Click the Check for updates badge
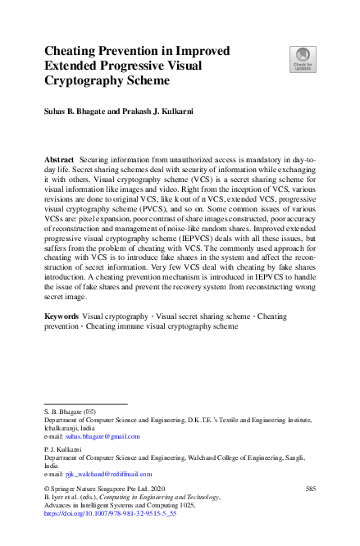click(303, 58)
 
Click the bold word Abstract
click(59, 156)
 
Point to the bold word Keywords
click(62, 315)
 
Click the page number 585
click(310, 489)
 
